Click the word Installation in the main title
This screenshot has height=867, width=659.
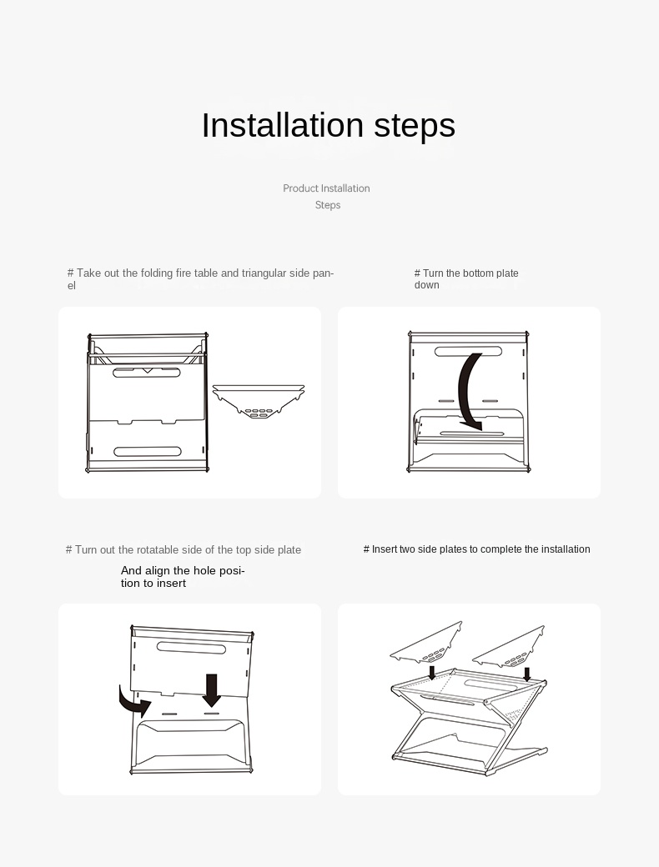[x=282, y=125]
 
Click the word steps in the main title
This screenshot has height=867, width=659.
[x=415, y=127]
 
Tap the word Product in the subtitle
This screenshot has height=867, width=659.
[x=300, y=188]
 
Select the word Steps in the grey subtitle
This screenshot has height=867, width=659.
[x=328, y=205]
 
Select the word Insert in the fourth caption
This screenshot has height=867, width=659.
[x=384, y=549]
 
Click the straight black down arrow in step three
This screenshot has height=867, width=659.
[x=211, y=689]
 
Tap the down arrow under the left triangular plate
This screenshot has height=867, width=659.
[x=432, y=672]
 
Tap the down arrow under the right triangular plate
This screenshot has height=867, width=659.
[x=526, y=674]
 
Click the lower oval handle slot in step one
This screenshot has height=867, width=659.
[x=147, y=452]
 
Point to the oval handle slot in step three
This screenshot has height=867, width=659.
[x=192, y=647]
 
